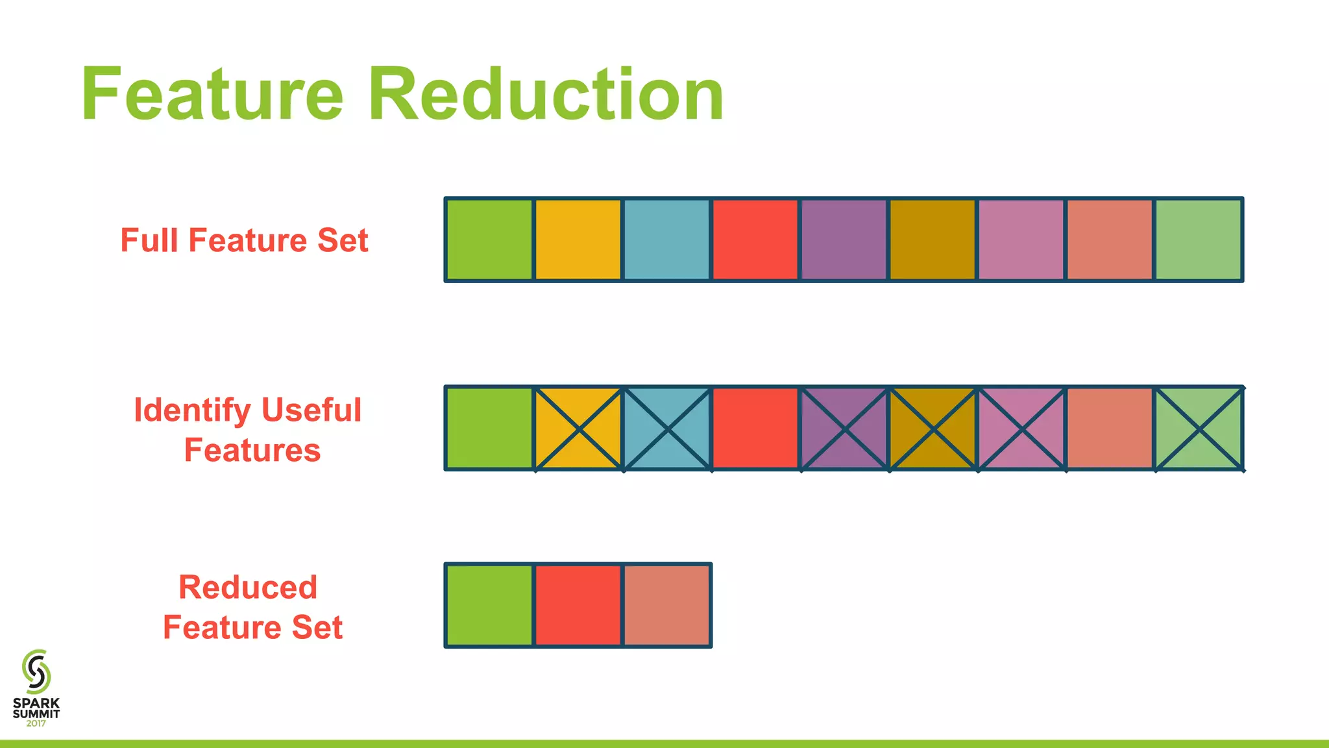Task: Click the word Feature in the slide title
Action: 212,95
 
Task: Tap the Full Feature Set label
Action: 244,240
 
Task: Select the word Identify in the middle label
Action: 192,410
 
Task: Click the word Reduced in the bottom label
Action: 248,588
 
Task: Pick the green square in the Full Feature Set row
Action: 489,240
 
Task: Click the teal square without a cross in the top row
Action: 667,240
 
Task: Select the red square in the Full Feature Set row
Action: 755,240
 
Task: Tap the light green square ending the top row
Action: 1199,240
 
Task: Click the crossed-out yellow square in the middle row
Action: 578,429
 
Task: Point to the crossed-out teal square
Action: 667,429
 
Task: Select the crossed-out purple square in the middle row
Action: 844,429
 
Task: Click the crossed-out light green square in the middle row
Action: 1199,429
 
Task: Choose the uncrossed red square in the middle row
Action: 755,429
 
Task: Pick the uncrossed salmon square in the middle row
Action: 1110,429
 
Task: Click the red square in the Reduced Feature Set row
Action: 578,605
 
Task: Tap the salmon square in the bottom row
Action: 667,605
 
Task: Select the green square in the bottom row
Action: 489,605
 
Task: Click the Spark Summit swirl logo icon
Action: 36,672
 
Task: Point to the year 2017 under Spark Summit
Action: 36,723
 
